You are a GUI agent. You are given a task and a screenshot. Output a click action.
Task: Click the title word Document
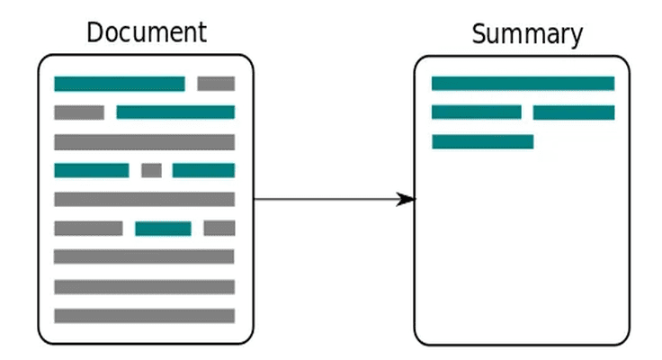pyautogui.click(x=147, y=32)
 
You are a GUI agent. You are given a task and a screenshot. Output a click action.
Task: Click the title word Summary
pyautogui.click(x=527, y=34)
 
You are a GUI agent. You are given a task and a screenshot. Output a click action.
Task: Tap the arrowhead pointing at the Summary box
pyautogui.click(x=406, y=199)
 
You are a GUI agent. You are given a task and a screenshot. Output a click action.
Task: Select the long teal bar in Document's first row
pyautogui.click(x=120, y=84)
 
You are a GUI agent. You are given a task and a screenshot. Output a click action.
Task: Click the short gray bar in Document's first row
pyautogui.click(x=216, y=84)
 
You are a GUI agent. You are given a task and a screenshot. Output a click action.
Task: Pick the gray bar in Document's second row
pyautogui.click(x=79, y=112)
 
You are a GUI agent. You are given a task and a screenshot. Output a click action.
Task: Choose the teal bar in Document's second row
pyautogui.click(x=175, y=112)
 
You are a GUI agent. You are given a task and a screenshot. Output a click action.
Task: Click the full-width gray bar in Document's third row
pyautogui.click(x=145, y=142)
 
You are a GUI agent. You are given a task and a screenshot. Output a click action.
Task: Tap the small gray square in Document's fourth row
pyautogui.click(x=152, y=170)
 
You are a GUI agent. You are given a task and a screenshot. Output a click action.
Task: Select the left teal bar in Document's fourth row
pyautogui.click(x=92, y=170)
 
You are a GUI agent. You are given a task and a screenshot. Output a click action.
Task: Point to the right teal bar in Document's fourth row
pyautogui.click(x=203, y=170)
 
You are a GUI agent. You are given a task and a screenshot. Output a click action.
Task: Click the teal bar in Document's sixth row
pyautogui.click(x=163, y=229)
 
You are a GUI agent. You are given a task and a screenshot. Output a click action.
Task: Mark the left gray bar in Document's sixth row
pyautogui.click(x=89, y=229)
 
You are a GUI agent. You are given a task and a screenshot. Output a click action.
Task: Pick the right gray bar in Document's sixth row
pyautogui.click(x=219, y=229)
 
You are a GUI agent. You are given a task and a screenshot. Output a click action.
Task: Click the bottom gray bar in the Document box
pyautogui.click(x=145, y=316)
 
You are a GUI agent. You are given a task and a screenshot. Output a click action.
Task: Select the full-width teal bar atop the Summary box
pyautogui.click(x=523, y=83)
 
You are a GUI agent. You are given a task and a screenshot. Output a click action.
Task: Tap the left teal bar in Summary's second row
pyautogui.click(x=477, y=112)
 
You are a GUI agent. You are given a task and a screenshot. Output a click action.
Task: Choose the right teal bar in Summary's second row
pyautogui.click(x=574, y=112)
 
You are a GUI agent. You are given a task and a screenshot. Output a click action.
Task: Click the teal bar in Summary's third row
pyautogui.click(x=483, y=141)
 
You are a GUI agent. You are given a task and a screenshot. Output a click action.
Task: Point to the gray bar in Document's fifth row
pyautogui.click(x=145, y=200)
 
